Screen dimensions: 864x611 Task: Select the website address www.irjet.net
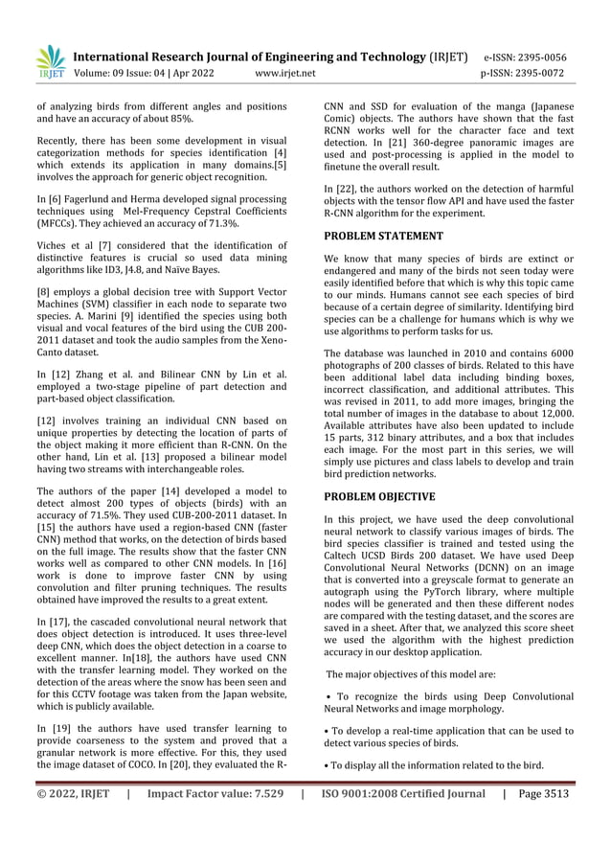pyautogui.click(x=286, y=73)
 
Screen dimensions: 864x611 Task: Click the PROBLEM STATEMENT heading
pyautogui.click(x=383, y=236)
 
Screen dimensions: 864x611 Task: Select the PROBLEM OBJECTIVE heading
pyautogui.click(x=379, y=497)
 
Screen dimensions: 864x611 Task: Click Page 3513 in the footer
pyautogui.click(x=543, y=793)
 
